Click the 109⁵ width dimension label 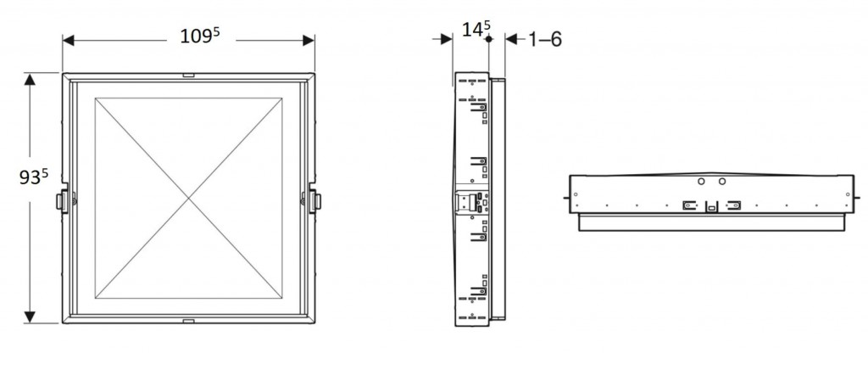[x=200, y=36]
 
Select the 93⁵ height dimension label [x=33, y=177]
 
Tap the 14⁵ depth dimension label [x=476, y=29]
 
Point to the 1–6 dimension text [x=545, y=39]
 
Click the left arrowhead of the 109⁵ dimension [x=69, y=40]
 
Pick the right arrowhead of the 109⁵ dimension [x=309, y=40]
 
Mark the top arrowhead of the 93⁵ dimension [x=30, y=79]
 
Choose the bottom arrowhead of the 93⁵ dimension [x=30, y=317]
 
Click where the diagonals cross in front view [x=189, y=198]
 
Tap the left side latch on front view [x=63, y=201]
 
